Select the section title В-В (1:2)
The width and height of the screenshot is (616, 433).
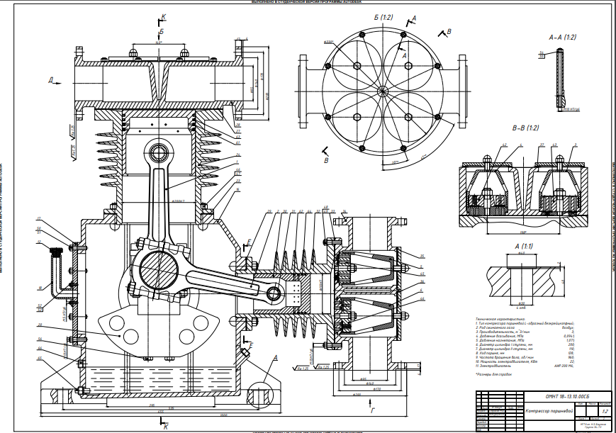(525, 128)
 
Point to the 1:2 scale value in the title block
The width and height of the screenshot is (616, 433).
(604, 411)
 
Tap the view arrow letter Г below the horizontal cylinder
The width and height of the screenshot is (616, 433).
(371, 410)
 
